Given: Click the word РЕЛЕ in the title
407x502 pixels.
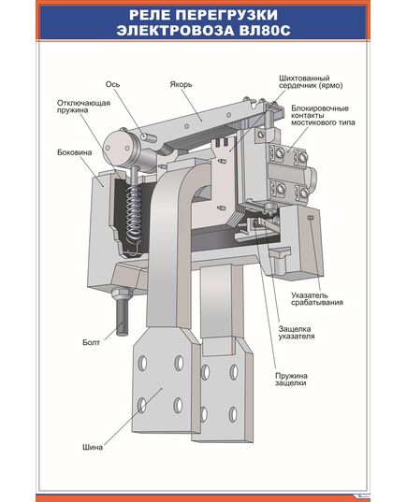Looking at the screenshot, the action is tap(151, 15).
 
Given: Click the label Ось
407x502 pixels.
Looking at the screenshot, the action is tap(113, 84).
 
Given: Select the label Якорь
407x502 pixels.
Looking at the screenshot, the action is tap(181, 84).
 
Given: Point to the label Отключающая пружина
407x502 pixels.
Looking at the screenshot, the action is tap(83, 107).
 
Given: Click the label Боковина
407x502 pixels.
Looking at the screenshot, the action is tap(74, 152).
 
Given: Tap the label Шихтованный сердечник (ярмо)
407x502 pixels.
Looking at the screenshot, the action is tap(311, 82).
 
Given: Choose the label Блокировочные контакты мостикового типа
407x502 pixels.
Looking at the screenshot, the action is tap(323, 115).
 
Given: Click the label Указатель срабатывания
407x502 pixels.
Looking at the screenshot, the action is tap(317, 299).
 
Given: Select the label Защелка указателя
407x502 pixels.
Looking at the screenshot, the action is tap(297, 333).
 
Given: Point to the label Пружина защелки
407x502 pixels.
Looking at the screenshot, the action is tap(291, 380).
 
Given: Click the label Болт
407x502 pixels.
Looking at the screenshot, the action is tap(92, 342).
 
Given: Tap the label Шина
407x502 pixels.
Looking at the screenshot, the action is tap(93, 447).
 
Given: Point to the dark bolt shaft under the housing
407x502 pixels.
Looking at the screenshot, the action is tap(122, 316).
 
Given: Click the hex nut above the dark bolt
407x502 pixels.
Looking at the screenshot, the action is tap(122, 293).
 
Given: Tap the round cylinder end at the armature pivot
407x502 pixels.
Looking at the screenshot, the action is tap(118, 148).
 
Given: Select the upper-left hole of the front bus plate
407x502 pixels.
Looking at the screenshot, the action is tap(142, 364).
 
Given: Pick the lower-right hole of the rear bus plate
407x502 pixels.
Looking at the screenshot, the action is tap(233, 415).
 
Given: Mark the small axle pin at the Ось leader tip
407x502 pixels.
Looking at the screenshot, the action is tap(148, 137).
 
